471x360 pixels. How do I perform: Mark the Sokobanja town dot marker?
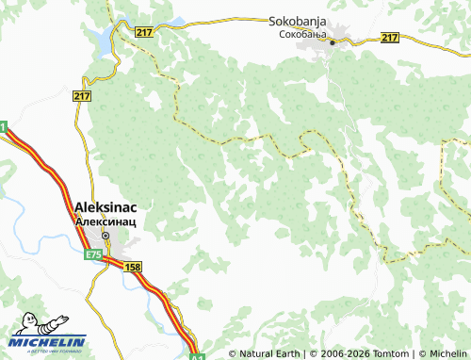pyautogui.click(x=333, y=41)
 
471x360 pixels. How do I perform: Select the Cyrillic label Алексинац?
pyautogui.click(x=106, y=221)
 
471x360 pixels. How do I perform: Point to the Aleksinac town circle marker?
pyautogui.click(x=106, y=236)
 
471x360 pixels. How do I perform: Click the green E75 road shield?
pyautogui.click(x=92, y=254)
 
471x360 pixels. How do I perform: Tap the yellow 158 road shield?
pyautogui.click(x=133, y=269)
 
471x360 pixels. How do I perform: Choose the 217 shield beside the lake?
pyautogui.click(x=144, y=32)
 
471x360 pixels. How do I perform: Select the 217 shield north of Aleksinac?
pyautogui.click(x=81, y=95)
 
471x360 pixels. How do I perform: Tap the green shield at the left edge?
pyautogui.click(x=3, y=126)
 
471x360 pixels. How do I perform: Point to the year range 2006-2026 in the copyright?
pyautogui.click(x=334, y=354)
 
